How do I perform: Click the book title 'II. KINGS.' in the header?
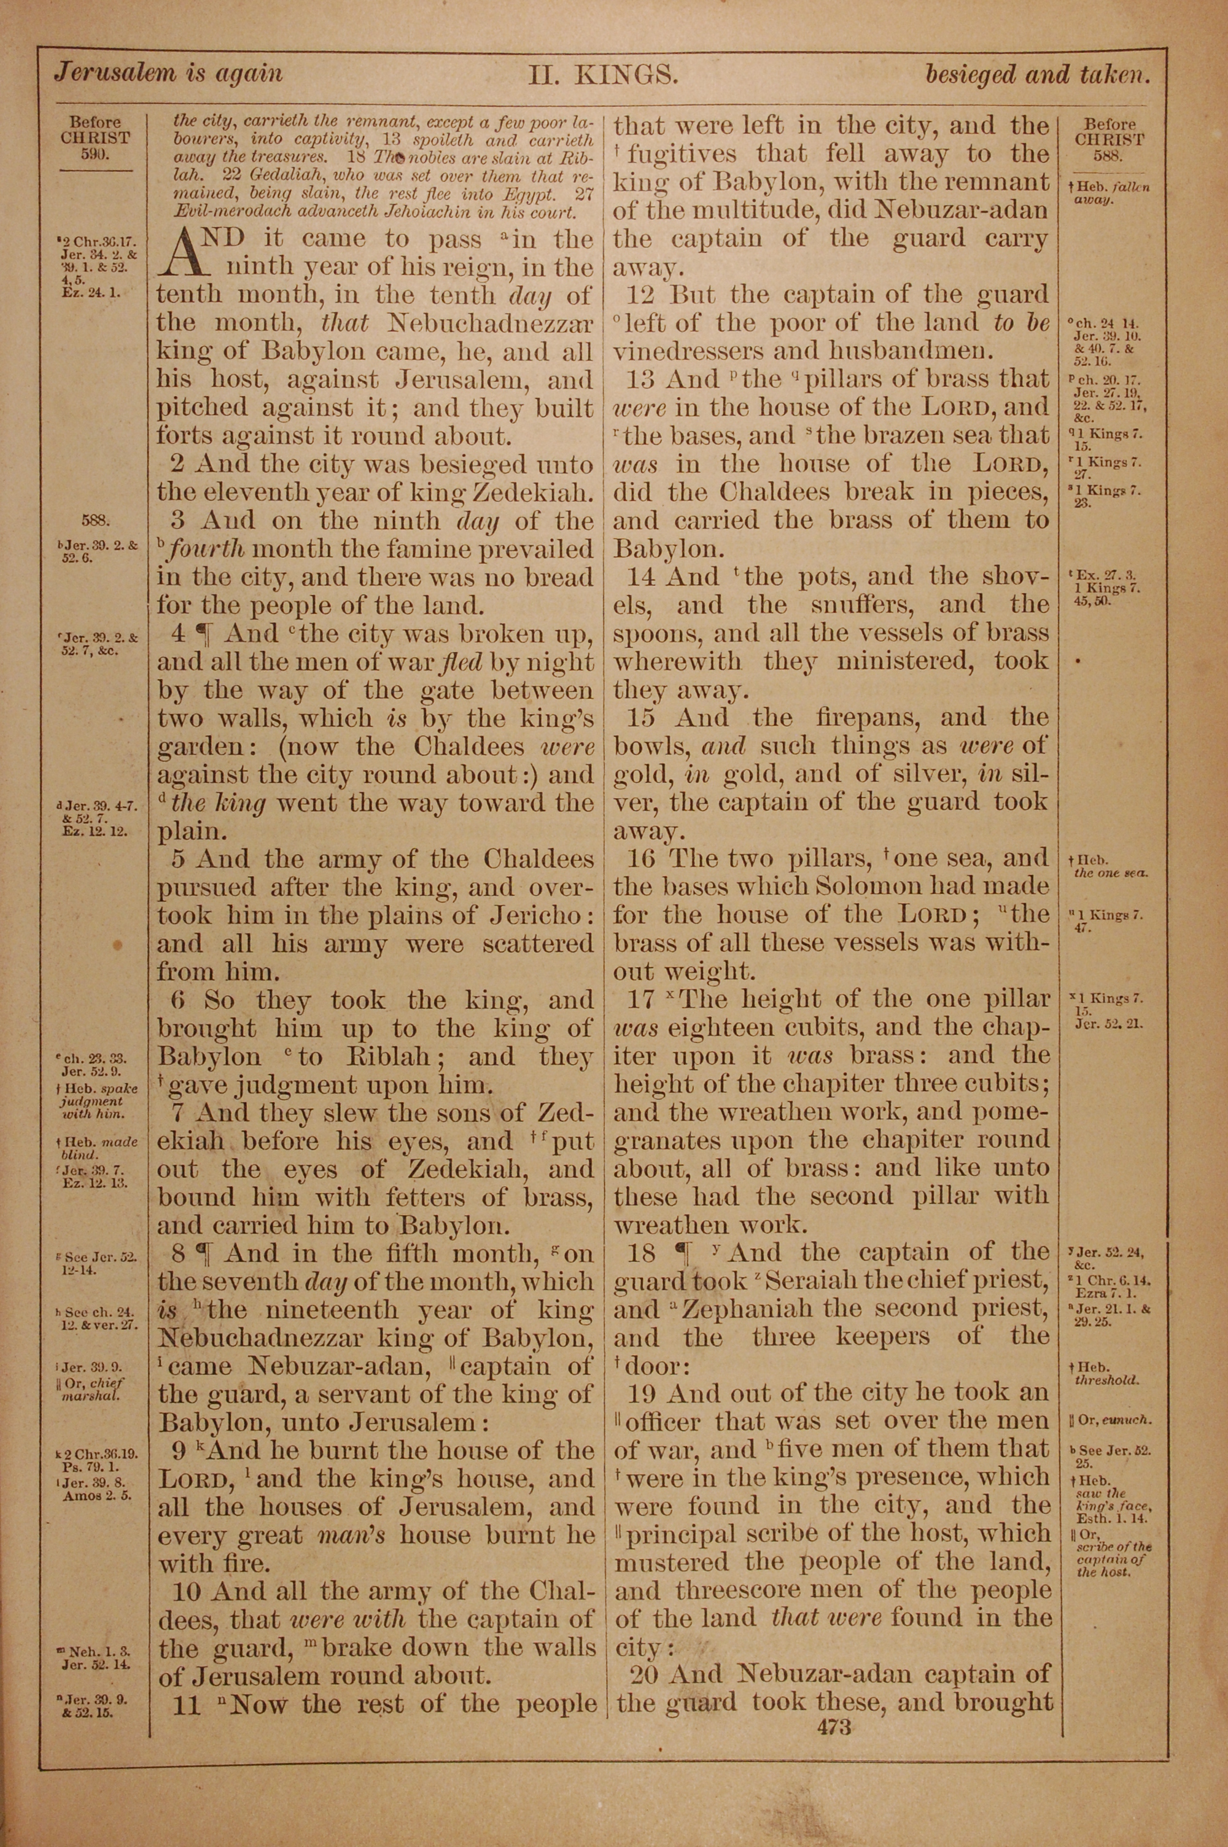point(602,74)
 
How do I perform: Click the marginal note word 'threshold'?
point(1106,1380)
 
